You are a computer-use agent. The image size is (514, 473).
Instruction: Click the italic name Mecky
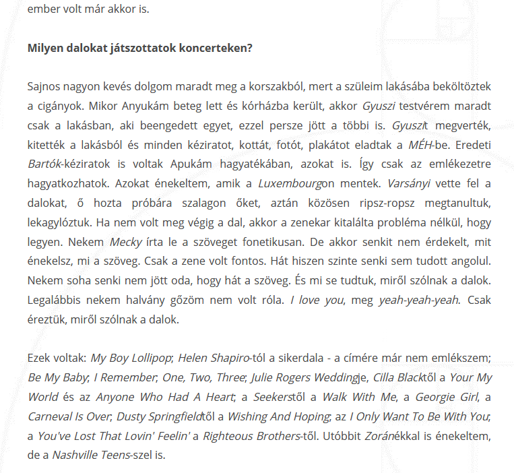126,241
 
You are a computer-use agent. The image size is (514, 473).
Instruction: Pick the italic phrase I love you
315,300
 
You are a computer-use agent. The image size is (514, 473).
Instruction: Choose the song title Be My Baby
57,377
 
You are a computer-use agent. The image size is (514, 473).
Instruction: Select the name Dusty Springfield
164,416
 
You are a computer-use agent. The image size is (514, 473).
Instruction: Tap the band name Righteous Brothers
247,436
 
